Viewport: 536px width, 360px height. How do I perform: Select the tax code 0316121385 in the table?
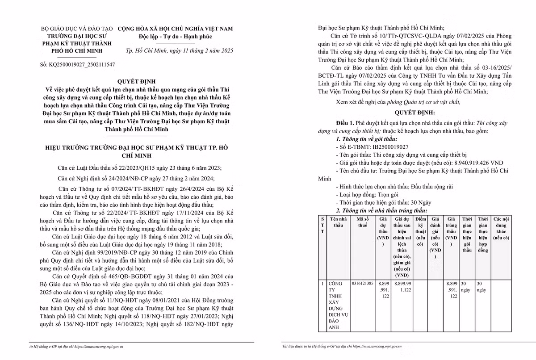(362, 283)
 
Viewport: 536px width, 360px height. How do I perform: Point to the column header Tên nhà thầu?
(339, 222)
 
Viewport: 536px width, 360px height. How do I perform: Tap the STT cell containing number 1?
(322, 283)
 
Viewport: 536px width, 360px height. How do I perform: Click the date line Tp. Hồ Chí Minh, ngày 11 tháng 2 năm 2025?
(176, 51)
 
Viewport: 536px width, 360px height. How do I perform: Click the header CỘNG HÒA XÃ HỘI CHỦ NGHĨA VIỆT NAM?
(175, 28)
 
